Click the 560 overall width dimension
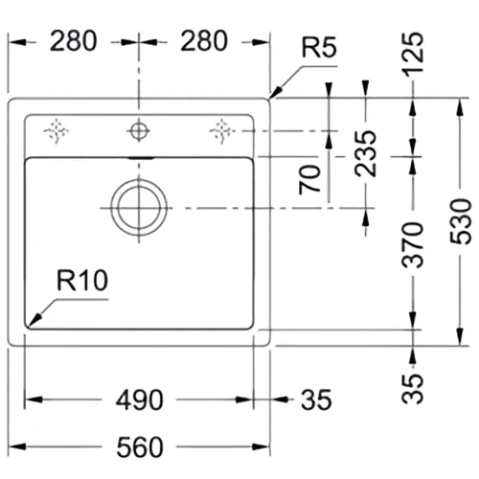point(140,447)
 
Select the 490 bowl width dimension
point(140,399)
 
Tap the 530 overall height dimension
point(461,221)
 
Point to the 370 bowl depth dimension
point(412,245)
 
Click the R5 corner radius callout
point(319,48)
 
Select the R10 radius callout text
point(82,281)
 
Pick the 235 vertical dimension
point(366,153)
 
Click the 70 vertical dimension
point(309,180)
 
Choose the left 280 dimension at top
point(73,41)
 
